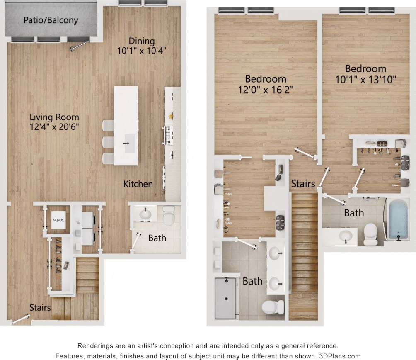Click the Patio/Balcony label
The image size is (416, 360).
[51, 20]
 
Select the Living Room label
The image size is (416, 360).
[54, 117]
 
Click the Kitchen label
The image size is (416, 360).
[138, 184]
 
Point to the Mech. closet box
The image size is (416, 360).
[58, 220]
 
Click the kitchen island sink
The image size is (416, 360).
[130, 143]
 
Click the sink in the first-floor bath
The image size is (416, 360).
[145, 214]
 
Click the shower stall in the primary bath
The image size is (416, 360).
[225, 298]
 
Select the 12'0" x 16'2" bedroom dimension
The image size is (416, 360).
[266, 90]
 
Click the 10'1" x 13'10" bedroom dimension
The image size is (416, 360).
[363, 80]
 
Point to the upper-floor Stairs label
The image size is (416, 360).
[303, 183]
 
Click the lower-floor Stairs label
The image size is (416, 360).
[40, 307]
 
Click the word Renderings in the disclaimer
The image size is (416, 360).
[96, 345]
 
